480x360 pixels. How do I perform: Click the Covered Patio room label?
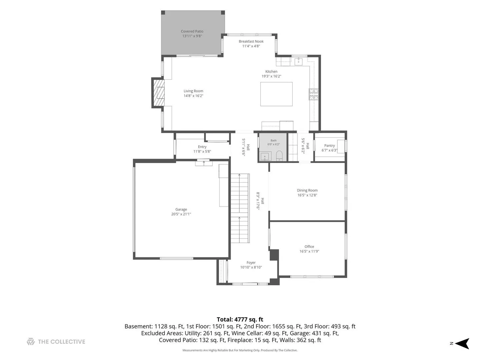[192, 31]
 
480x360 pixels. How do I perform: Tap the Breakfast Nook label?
[251, 41]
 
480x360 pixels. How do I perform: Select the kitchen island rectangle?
[276, 94]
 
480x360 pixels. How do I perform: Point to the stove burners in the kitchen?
[313, 94]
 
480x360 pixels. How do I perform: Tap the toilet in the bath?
[279, 156]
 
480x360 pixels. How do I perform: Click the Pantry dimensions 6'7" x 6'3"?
[329, 150]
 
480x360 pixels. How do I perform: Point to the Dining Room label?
[307, 190]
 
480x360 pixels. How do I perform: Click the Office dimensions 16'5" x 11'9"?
[309, 251]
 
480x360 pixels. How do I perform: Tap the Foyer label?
[251, 263]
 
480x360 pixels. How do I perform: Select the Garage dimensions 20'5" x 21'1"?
[181, 214]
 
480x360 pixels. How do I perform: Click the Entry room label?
[202, 147]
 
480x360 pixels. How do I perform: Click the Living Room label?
[193, 91]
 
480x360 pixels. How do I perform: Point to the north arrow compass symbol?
[462, 343]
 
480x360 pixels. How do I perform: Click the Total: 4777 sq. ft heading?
[240, 319]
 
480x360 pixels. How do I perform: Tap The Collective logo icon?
[31, 341]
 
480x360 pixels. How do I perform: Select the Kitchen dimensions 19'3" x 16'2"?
[271, 76]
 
